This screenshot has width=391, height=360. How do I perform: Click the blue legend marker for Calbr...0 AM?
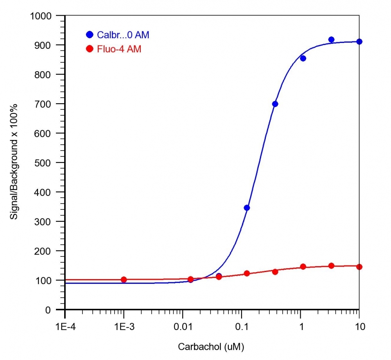pyautogui.click(x=90, y=35)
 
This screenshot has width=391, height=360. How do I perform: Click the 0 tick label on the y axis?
pyautogui.click(x=58, y=310)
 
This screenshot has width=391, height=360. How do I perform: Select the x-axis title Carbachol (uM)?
pyautogui.click(x=212, y=347)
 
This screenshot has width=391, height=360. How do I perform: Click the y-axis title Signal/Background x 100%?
pyautogui.click(x=14, y=163)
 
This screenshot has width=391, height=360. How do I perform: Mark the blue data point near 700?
pyautogui.click(x=275, y=104)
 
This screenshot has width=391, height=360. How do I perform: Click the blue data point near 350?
pyautogui.click(x=247, y=208)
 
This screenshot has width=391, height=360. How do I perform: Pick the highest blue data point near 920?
pyautogui.click(x=331, y=39)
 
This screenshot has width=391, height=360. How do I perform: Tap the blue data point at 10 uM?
pyautogui.click(x=359, y=41)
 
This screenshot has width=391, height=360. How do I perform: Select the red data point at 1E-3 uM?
pyautogui.click(x=124, y=279)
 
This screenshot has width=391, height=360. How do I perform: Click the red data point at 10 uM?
pyautogui.click(x=359, y=267)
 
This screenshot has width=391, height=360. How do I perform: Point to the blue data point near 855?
pyautogui.click(x=303, y=58)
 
